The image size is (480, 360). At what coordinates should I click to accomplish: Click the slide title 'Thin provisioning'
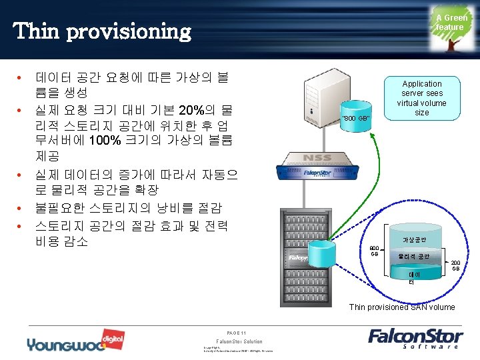[102, 31]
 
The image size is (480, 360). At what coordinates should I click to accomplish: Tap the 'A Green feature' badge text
[451, 23]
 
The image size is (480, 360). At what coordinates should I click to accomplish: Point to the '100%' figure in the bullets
[105, 140]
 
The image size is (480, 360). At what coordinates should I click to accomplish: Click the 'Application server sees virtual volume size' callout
[421, 98]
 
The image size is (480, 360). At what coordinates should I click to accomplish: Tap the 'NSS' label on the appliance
[317, 159]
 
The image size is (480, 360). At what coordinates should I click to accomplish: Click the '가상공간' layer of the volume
[413, 239]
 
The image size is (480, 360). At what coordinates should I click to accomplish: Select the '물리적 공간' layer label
[413, 256]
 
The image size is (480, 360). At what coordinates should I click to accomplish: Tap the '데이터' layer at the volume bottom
[413, 277]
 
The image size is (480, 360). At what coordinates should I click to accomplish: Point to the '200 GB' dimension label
[455, 265]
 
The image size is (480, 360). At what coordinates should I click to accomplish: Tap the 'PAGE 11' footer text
[237, 333]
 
